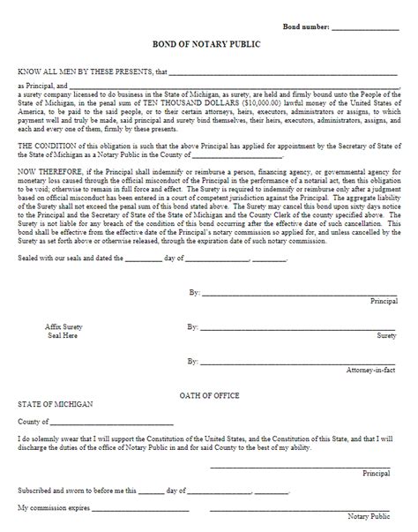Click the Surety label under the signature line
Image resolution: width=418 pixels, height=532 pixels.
tap(386, 335)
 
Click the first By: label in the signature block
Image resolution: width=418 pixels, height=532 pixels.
tap(193, 291)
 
